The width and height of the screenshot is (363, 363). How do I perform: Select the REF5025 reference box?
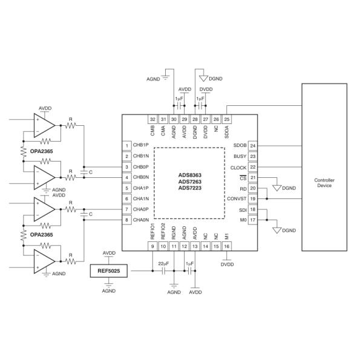click(x=109, y=272)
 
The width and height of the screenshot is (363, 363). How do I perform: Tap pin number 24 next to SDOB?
click(x=253, y=146)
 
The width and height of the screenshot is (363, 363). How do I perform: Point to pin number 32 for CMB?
click(x=152, y=119)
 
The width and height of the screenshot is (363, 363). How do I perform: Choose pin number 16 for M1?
click(x=227, y=247)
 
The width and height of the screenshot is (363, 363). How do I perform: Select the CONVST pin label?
click(x=237, y=198)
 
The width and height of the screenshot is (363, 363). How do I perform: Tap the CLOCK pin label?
click(x=238, y=167)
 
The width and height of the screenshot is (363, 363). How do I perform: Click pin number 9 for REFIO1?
click(x=152, y=247)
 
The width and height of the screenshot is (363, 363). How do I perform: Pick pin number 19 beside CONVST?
click(x=253, y=198)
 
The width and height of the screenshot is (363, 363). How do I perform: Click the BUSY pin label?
click(x=240, y=156)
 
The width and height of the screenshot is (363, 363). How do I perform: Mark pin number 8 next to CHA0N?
click(x=127, y=220)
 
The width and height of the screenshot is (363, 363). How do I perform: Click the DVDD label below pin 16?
click(x=227, y=264)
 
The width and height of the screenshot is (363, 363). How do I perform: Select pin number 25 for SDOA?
click(x=227, y=119)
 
